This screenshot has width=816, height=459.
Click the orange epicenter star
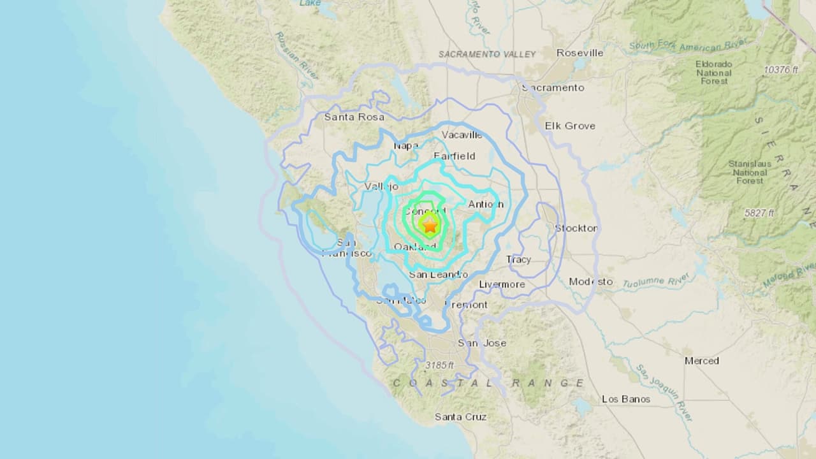430,224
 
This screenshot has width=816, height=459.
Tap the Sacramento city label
553,87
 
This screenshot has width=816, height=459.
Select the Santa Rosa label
354,117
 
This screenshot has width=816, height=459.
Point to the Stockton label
576,228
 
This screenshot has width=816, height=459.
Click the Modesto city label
590,281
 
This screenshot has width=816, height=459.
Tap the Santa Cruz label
461,416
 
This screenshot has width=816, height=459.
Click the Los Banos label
626,399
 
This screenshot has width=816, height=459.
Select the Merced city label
701,361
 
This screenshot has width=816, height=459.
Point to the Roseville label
579,53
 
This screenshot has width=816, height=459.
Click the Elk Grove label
570,126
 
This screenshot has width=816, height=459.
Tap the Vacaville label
462,135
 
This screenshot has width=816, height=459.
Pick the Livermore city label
502,284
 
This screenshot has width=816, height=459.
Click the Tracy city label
518,259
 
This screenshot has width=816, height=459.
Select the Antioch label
486,204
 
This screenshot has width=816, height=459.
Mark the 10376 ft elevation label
780,69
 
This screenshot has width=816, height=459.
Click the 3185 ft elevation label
439,365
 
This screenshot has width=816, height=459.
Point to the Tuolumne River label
657,280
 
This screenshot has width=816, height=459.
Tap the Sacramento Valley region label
487,54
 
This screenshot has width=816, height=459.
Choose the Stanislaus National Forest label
749,172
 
